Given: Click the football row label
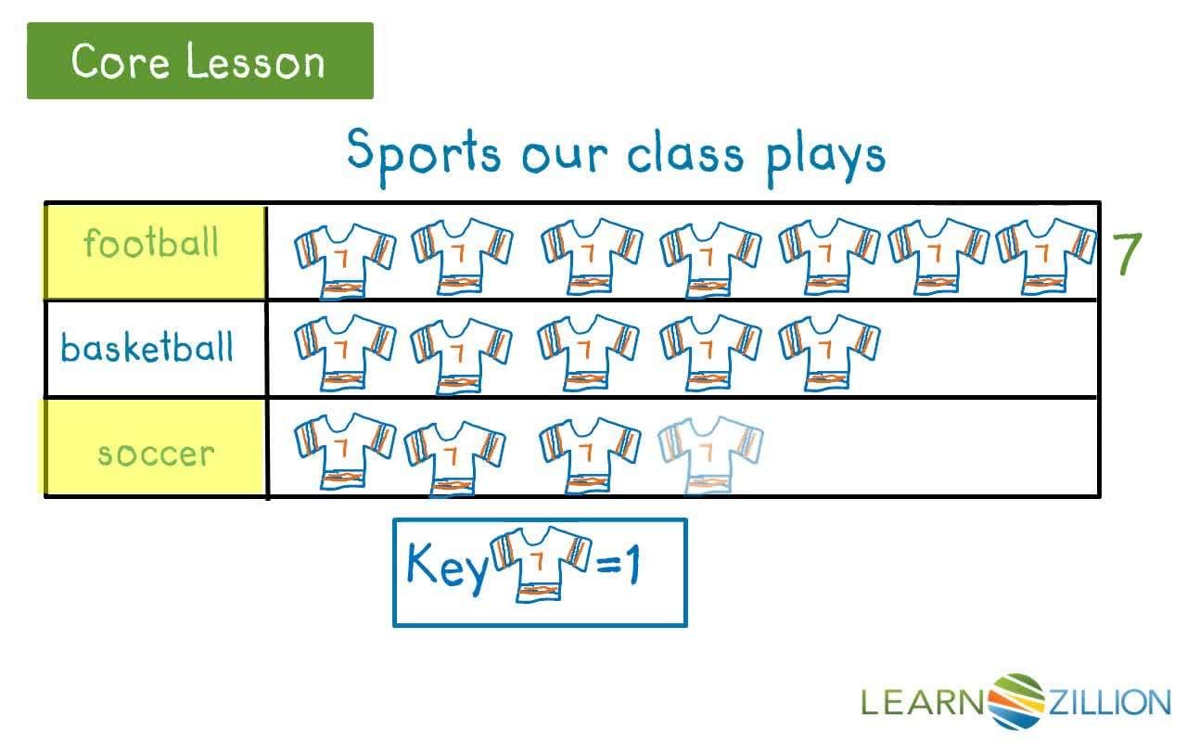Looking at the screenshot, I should coord(151,243).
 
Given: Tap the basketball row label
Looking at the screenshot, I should coord(147,349).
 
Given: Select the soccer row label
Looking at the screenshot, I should coord(155,454).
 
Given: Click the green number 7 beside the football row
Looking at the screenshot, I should coord(1127,253).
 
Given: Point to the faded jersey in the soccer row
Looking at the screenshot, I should coord(710,453).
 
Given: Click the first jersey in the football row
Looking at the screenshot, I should coord(345,259).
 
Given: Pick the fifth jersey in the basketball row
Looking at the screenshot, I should coord(829,352).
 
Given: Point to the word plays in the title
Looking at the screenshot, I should coord(824,156).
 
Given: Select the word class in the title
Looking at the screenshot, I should coord(684,154).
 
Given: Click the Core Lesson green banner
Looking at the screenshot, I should coord(199,61).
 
